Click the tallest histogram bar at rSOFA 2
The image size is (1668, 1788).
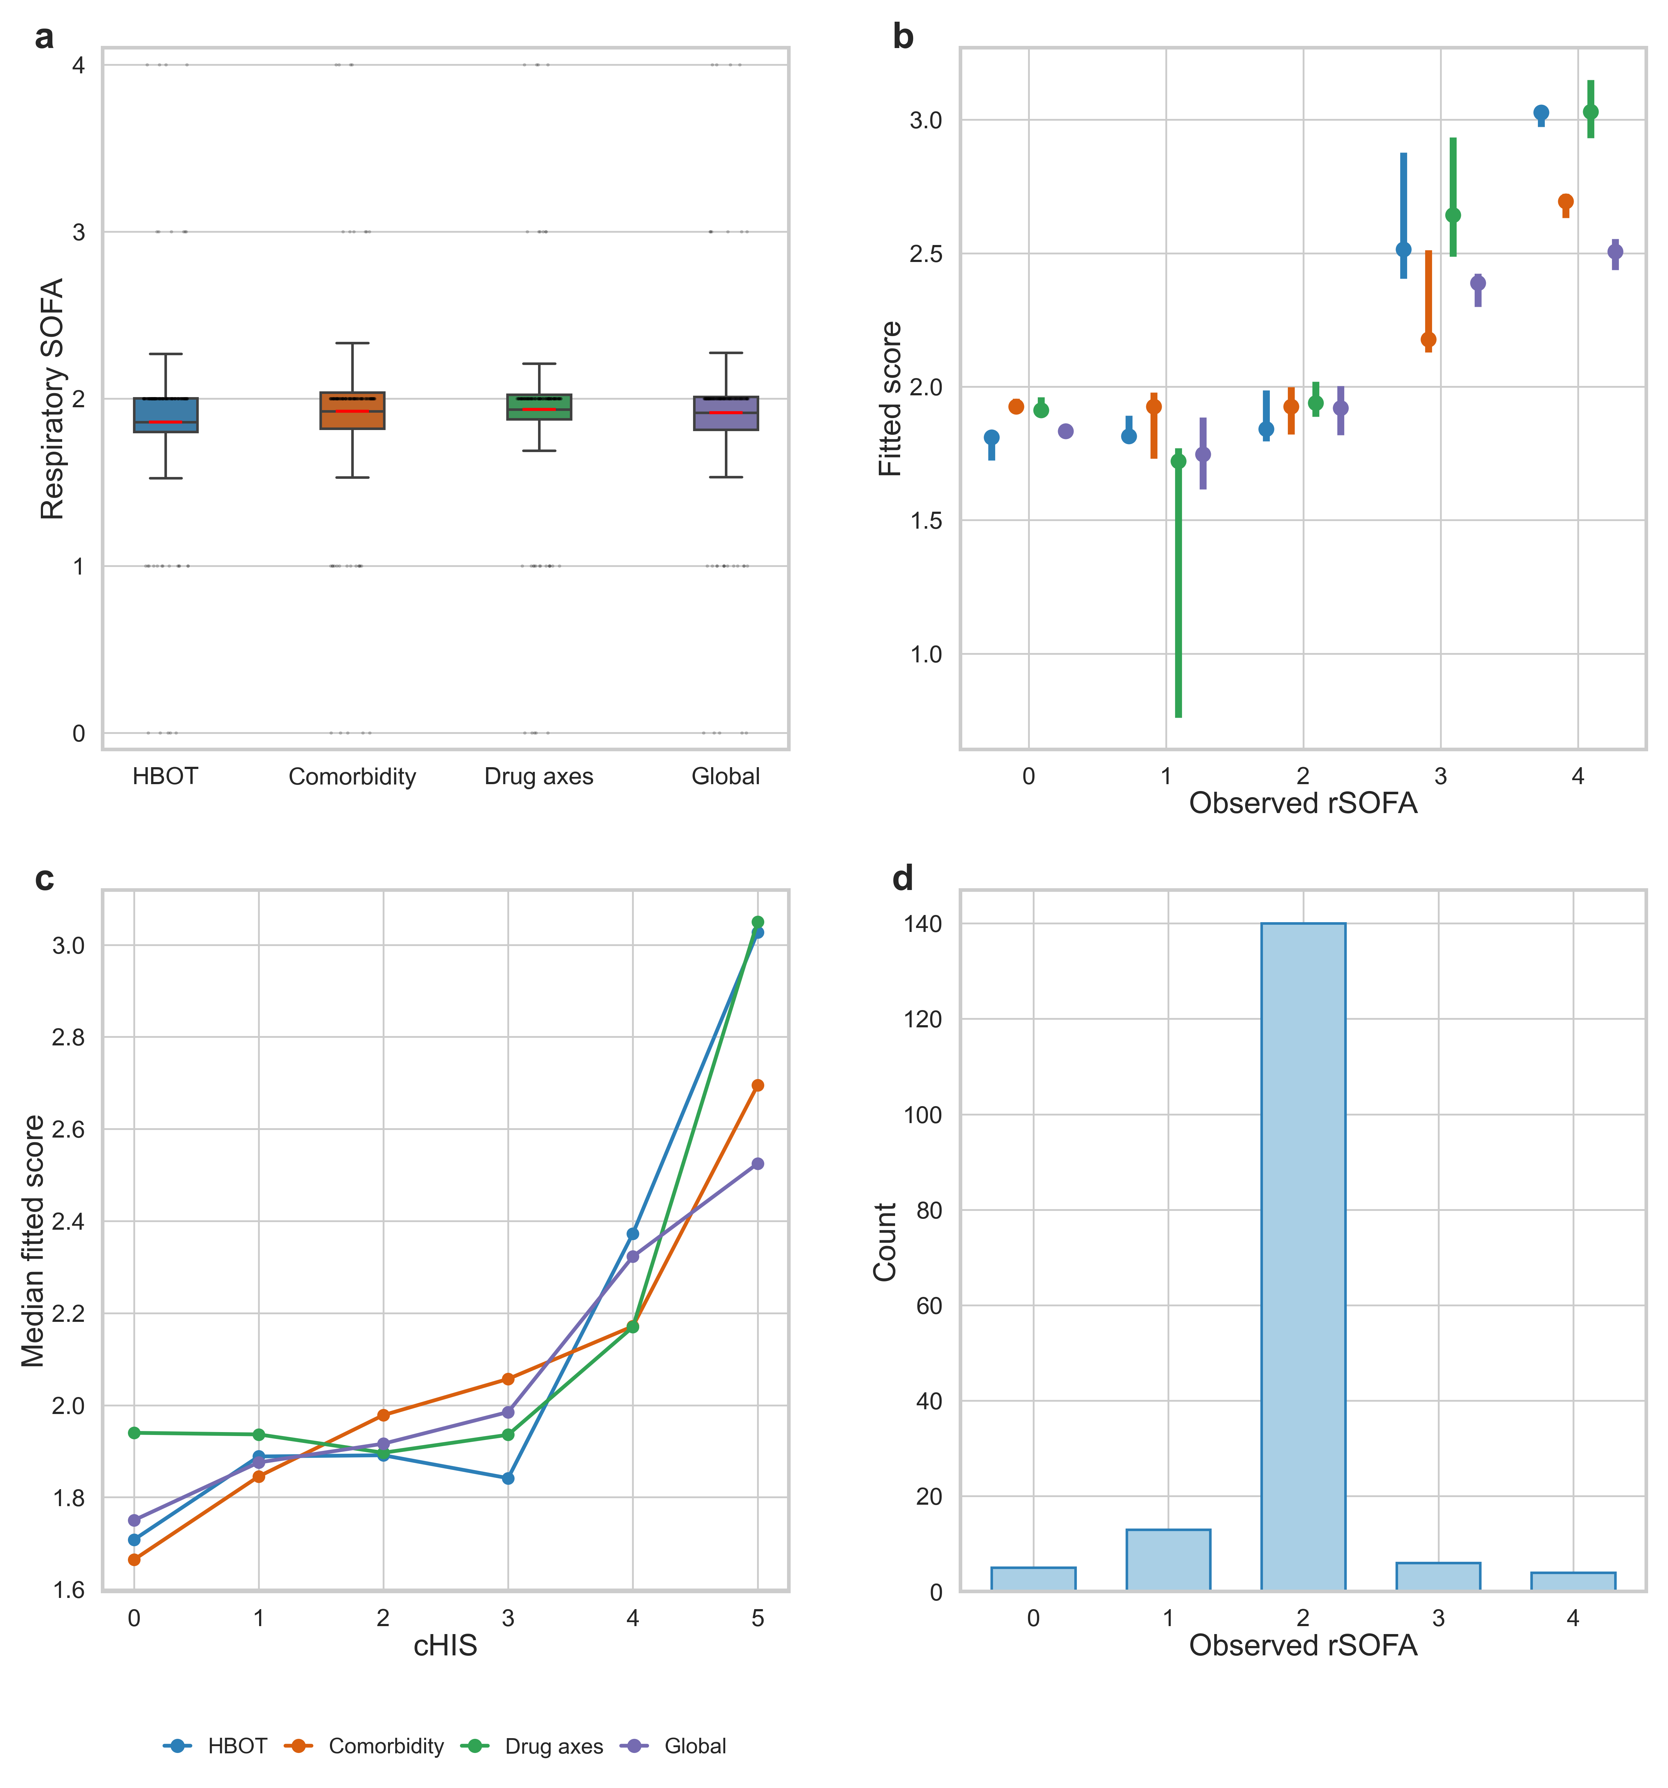click(x=1303, y=1256)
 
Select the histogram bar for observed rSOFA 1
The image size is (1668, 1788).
click(x=1168, y=1560)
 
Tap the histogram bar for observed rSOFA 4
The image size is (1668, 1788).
click(x=1573, y=1581)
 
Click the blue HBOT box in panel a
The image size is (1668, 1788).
click(x=165, y=414)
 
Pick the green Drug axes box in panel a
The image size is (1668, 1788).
click(x=539, y=407)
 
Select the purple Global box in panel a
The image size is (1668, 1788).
click(x=726, y=413)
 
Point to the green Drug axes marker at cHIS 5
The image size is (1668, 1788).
click(x=757, y=922)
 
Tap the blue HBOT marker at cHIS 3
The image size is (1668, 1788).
click(x=508, y=1478)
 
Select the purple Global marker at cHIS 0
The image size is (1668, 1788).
click(x=134, y=1520)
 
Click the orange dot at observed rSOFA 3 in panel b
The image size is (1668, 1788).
click(x=1428, y=339)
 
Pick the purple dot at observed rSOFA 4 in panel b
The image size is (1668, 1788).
click(x=1615, y=252)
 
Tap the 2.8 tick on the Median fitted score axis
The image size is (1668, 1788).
click(x=68, y=1037)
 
